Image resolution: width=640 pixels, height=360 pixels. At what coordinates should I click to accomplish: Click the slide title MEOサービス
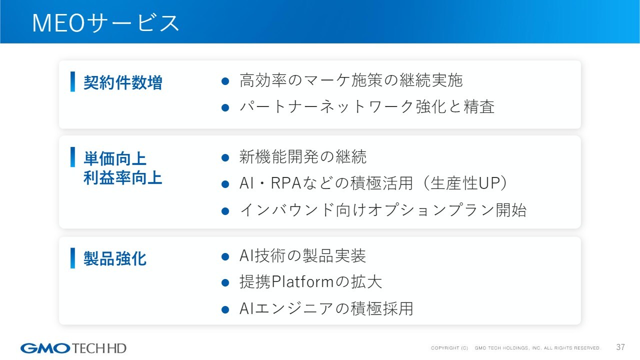pyautogui.click(x=105, y=23)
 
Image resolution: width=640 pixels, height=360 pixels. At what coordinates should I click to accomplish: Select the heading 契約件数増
pyautogui.click(x=123, y=82)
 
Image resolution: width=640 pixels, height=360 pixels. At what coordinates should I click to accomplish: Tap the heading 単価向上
pyautogui.click(x=115, y=158)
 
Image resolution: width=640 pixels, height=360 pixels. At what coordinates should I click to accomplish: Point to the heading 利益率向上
pyautogui.click(x=123, y=177)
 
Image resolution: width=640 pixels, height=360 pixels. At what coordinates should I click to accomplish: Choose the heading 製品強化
pyautogui.click(x=115, y=259)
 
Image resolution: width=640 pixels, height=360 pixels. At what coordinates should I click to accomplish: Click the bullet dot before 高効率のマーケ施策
pyautogui.click(x=225, y=81)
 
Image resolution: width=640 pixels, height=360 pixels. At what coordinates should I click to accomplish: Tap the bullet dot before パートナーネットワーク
pyautogui.click(x=225, y=107)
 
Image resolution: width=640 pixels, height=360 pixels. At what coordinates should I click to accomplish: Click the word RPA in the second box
pyautogui.click(x=286, y=183)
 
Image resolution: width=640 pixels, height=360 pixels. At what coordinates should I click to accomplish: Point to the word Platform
pyautogui.click(x=302, y=282)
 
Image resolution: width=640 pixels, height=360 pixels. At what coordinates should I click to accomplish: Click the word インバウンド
pyautogui.click(x=287, y=210)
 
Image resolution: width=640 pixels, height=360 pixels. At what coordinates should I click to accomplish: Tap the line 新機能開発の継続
pyautogui.click(x=303, y=156)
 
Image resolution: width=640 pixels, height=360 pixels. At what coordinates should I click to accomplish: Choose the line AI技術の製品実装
pyautogui.click(x=302, y=255)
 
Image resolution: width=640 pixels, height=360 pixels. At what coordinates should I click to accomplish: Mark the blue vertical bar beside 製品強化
pyautogui.click(x=72, y=258)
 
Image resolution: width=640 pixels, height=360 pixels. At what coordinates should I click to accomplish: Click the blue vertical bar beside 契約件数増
pyautogui.click(x=72, y=81)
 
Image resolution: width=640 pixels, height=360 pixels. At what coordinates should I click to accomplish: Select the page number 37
pyautogui.click(x=620, y=347)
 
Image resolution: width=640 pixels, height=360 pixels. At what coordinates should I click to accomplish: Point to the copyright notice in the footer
pyautogui.click(x=516, y=348)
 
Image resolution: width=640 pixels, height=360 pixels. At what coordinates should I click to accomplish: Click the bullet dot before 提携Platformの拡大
pyautogui.click(x=225, y=283)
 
